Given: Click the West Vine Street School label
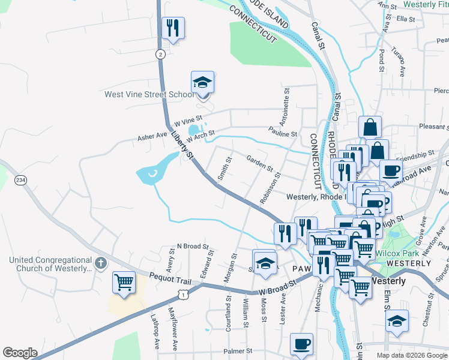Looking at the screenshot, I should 149,94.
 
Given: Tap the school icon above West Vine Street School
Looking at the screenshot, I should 203,83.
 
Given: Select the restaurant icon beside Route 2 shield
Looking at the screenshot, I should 173,28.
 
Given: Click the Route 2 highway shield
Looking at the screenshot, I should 160,54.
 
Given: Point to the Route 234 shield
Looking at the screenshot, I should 21,180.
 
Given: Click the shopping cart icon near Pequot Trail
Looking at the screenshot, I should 124,282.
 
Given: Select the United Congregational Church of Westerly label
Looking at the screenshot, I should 51,264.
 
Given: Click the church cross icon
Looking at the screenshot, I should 101,263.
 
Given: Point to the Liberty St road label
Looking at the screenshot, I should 182,146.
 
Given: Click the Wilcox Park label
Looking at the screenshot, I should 395,253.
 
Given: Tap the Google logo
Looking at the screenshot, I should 20,353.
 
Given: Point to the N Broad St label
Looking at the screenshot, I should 192,247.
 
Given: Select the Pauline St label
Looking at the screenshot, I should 283,134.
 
